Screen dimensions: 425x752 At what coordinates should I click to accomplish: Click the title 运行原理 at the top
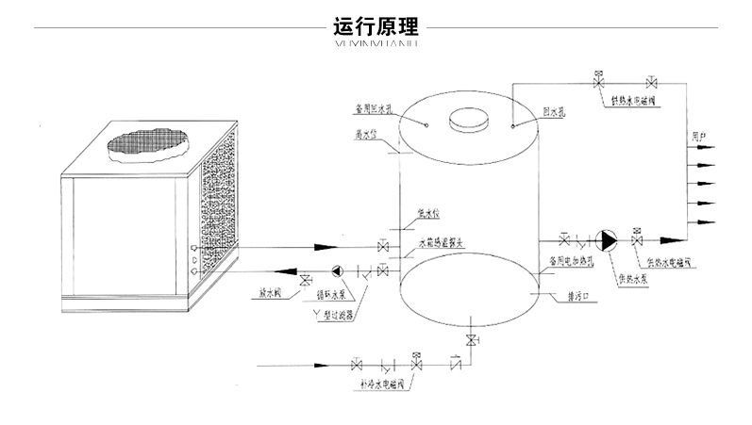[376, 25]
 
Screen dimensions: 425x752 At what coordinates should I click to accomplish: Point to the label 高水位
[365, 134]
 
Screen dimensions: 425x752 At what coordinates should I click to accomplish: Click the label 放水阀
[273, 294]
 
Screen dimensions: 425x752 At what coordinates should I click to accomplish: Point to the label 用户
[698, 139]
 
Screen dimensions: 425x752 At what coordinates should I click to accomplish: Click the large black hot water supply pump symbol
[609, 241]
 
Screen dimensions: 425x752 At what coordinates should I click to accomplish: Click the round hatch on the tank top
[468, 120]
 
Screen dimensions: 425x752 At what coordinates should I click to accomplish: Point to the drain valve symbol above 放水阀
[305, 281]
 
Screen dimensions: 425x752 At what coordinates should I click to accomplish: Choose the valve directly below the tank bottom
[469, 338]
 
